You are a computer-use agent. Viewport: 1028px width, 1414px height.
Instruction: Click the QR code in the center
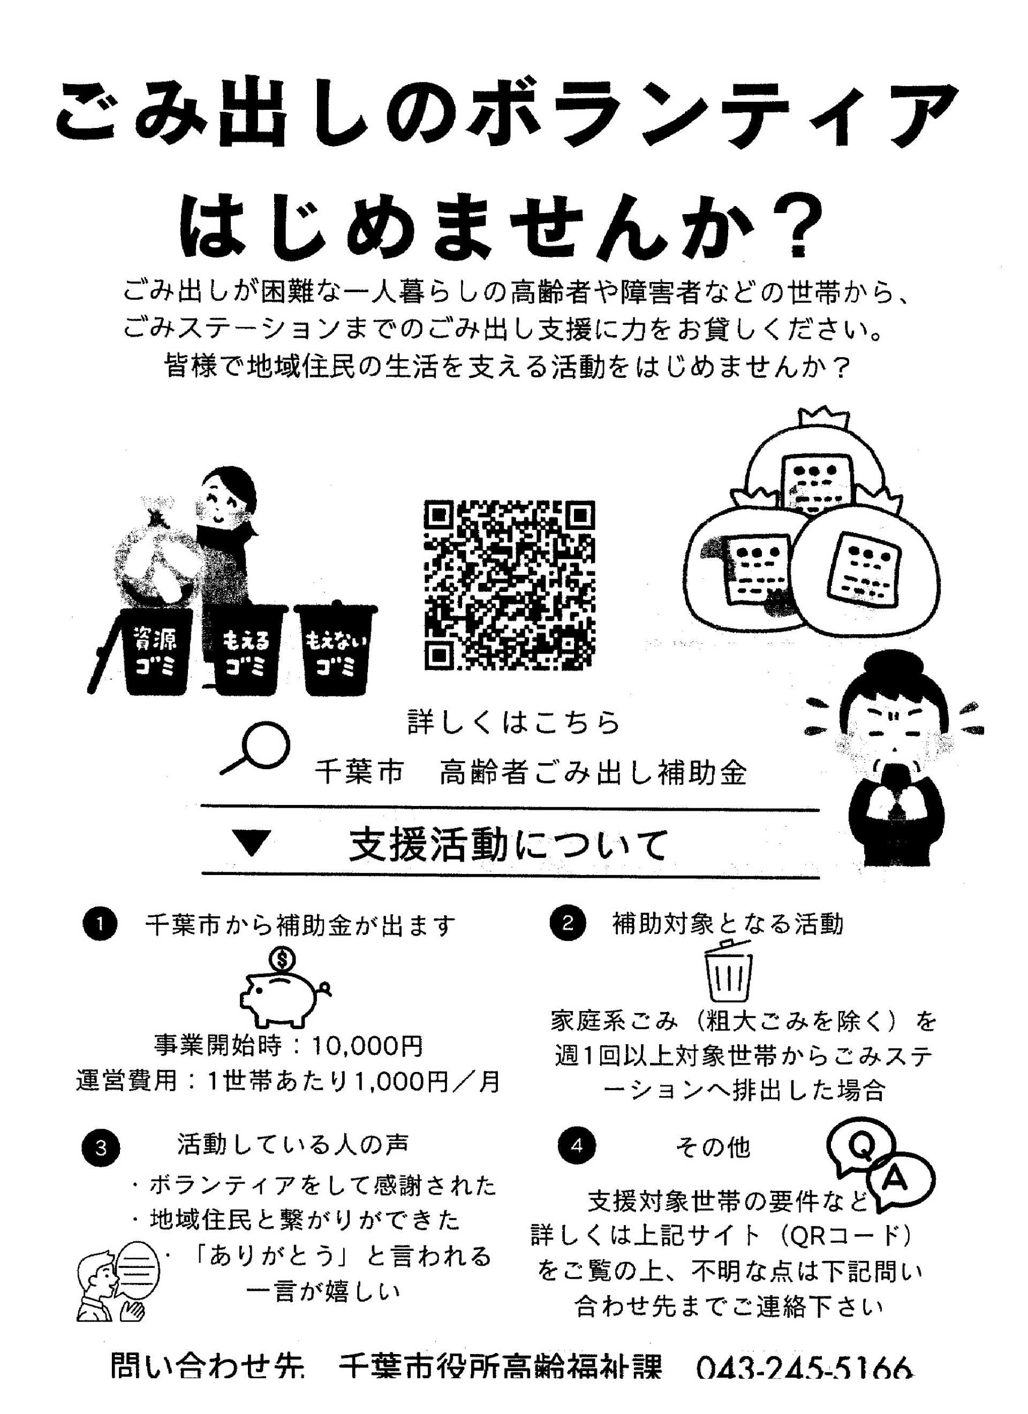tap(509, 585)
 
